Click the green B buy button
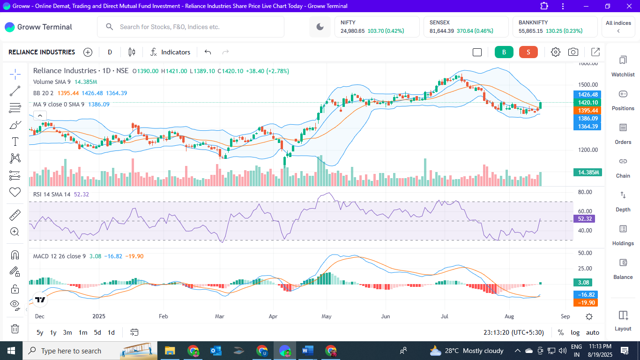point(504,52)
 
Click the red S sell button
point(528,52)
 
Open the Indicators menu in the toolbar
point(170,52)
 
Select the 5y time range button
point(40,332)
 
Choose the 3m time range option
point(67,332)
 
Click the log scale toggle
point(575,332)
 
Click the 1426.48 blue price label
point(588,95)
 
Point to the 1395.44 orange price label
point(588,111)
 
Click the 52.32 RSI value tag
point(585,219)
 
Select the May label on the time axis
point(327,316)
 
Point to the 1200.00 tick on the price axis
point(588,150)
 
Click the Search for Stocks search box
point(191,27)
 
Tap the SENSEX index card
point(466,27)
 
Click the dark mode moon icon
point(320,27)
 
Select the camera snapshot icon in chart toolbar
point(573,52)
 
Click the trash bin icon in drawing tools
point(15,329)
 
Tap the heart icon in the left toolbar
point(15,192)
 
